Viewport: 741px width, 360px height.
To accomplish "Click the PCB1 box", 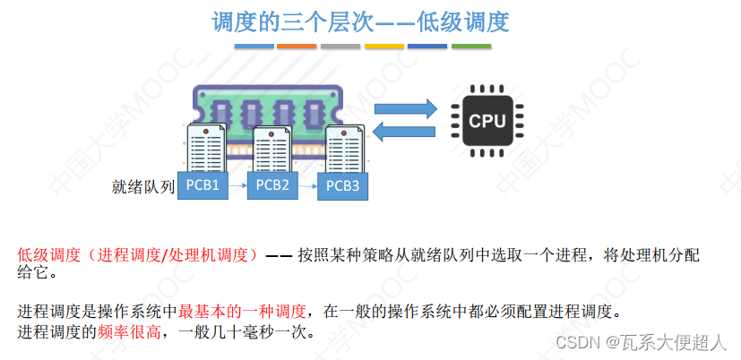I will tap(202, 184).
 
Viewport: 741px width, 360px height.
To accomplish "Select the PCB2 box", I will tap(272, 184).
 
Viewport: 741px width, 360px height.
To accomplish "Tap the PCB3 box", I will tap(342, 185).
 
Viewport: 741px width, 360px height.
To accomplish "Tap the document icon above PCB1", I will tap(205, 148).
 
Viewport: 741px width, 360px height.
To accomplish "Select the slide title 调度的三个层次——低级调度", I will tap(360, 22).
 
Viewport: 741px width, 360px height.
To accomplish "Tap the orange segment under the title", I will tap(296, 46).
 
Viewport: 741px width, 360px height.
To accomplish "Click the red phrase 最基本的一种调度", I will tap(242, 312).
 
